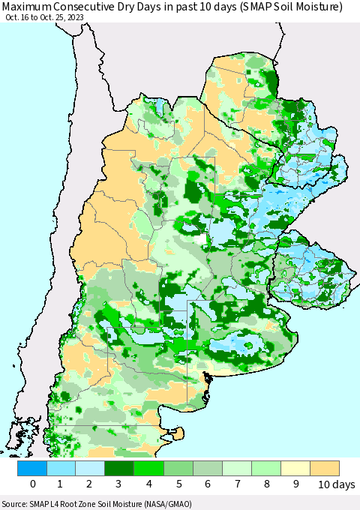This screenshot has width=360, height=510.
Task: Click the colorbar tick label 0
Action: [x=33, y=484]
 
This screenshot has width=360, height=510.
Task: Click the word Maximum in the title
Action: [x=28, y=7]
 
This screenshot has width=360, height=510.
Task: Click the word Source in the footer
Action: [x=15, y=504]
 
